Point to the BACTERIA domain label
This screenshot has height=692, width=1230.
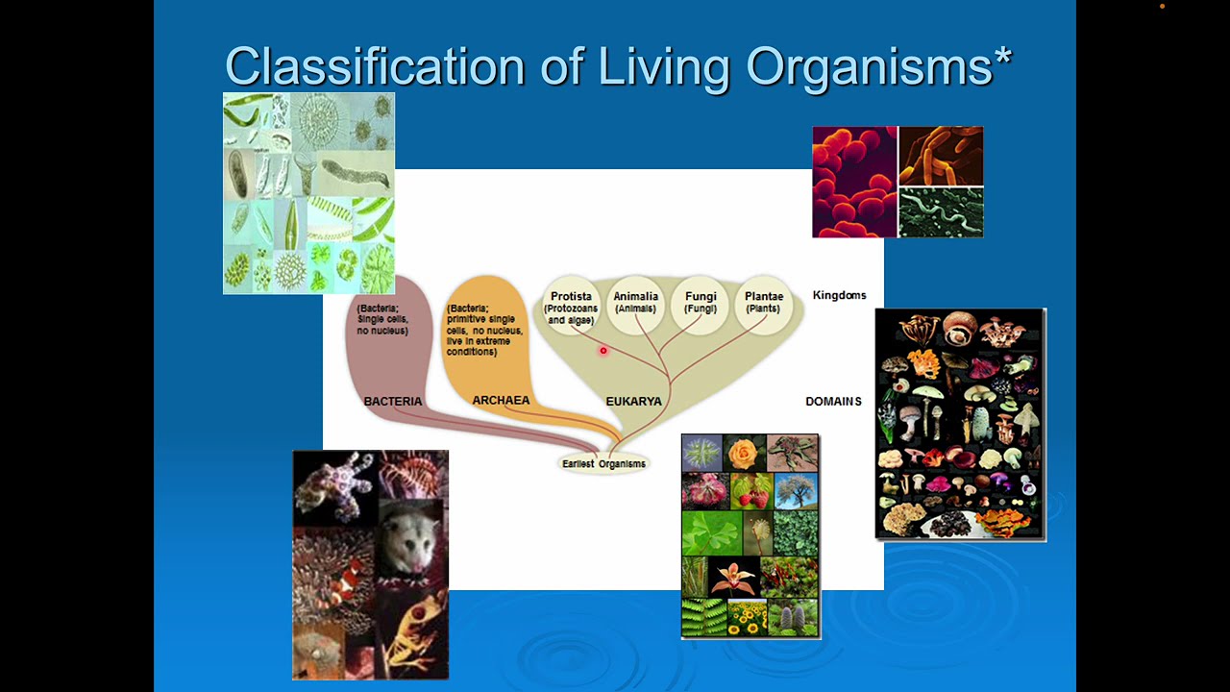coord(392,402)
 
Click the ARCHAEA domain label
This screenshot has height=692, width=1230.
coord(501,401)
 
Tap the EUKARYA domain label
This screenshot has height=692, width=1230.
coord(633,402)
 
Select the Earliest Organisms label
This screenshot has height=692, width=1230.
coord(603,464)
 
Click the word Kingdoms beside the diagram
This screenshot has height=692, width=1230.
coord(839,296)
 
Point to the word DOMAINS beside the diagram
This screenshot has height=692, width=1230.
coord(833,402)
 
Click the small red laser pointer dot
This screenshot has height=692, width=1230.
coord(603,351)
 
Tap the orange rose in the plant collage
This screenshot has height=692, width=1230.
coord(745,453)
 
